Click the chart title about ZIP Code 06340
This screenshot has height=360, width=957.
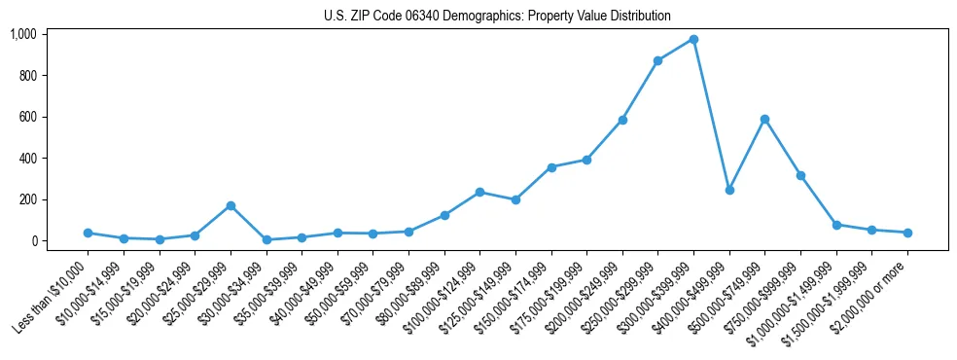[x=497, y=17]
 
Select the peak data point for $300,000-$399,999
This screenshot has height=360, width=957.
[x=693, y=39]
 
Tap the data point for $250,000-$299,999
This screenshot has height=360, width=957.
[x=658, y=60]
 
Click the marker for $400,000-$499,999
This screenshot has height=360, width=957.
[x=729, y=190]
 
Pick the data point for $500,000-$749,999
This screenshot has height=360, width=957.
[x=764, y=119]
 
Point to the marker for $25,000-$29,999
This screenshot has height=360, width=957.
[x=230, y=205]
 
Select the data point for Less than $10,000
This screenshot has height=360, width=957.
[x=88, y=233]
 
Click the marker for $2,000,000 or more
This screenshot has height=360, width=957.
[x=907, y=233]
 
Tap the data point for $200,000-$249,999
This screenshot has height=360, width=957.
[x=622, y=120]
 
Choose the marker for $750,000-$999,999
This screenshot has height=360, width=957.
[x=800, y=175]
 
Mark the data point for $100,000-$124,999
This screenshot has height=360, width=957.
[x=479, y=192]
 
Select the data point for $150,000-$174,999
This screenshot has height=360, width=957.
[x=551, y=167]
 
